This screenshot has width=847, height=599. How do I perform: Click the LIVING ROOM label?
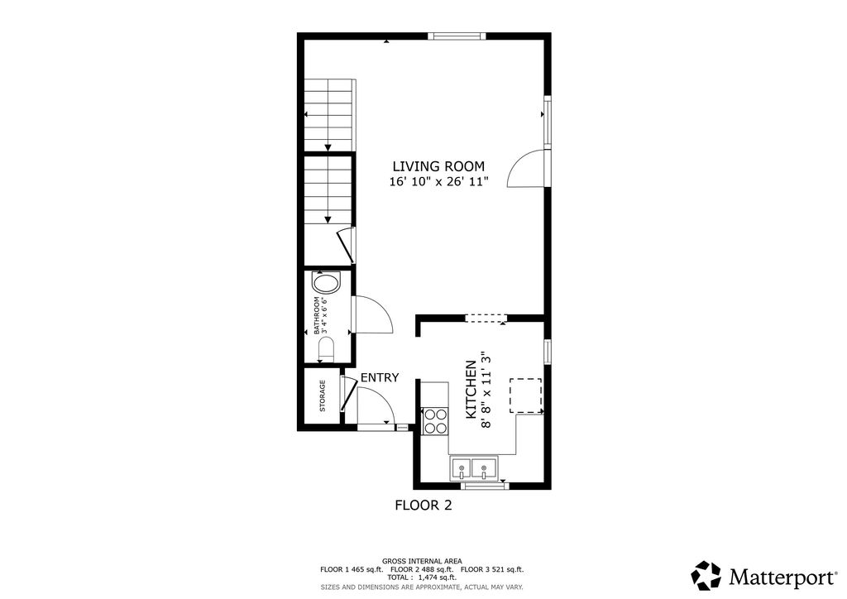pyautogui.click(x=438, y=166)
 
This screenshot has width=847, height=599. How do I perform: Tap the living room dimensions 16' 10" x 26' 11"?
pyautogui.click(x=438, y=182)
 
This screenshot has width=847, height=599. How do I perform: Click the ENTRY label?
pyautogui.click(x=380, y=377)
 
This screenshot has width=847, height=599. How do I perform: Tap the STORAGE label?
pyautogui.click(x=323, y=395)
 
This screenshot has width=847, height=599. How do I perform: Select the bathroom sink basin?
pyautogui.click(x=325, y=285)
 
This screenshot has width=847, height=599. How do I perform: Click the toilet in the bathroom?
pyautogui.click(x=323, y=347)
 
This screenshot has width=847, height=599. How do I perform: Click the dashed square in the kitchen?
pyautogui.click(x=524, y=395)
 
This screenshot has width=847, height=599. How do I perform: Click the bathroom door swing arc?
pyautogui.click(x=372, y=314)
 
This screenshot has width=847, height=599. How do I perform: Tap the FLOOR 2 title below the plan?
pyautogui.click(x=423, y=505)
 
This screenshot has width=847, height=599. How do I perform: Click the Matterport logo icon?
pyautogui.click(x=706, y=575)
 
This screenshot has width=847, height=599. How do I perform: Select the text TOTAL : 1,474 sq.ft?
pyautogui.click(x=423, y=577)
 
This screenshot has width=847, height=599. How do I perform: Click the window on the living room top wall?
pyautogui.click(x=456, y=36)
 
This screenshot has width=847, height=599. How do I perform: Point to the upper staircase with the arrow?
pyautogui.click(x=328, y=115)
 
